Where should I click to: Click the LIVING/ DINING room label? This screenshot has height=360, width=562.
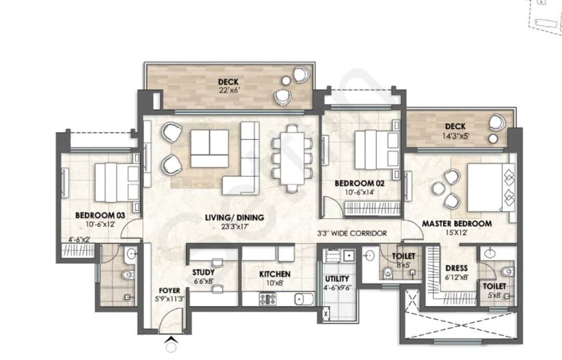coord(234,217)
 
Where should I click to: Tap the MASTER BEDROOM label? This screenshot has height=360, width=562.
coord(457,224)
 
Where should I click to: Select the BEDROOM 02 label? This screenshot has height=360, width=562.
coord(360,184)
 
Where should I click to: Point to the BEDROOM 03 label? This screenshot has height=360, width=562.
coord(100,215)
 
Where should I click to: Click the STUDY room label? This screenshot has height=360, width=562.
coord(203,272)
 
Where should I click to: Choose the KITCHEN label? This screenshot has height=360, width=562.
coord(275,274)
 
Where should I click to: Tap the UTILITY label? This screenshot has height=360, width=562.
coord(337,279)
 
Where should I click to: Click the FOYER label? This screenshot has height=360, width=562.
coord(169,290)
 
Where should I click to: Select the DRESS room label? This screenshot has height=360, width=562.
coord(456,268)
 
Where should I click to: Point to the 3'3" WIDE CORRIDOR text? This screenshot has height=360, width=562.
coord(352,234)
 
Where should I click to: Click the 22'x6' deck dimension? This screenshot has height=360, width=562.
coord(228,90)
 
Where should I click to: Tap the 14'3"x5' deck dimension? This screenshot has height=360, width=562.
coord(455,136)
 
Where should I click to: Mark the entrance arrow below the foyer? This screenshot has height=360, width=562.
coord(172,339)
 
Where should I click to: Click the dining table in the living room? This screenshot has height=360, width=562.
coord(292,158)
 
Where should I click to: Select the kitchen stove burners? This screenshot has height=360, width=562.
coord(268,299)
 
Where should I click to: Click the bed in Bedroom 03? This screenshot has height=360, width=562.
coord(117,182)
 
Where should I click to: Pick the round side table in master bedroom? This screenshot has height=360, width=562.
coord(438,188)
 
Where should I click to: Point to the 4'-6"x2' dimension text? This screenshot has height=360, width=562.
coord(80,240)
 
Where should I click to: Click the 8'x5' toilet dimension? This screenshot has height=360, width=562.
coord(403,265)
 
